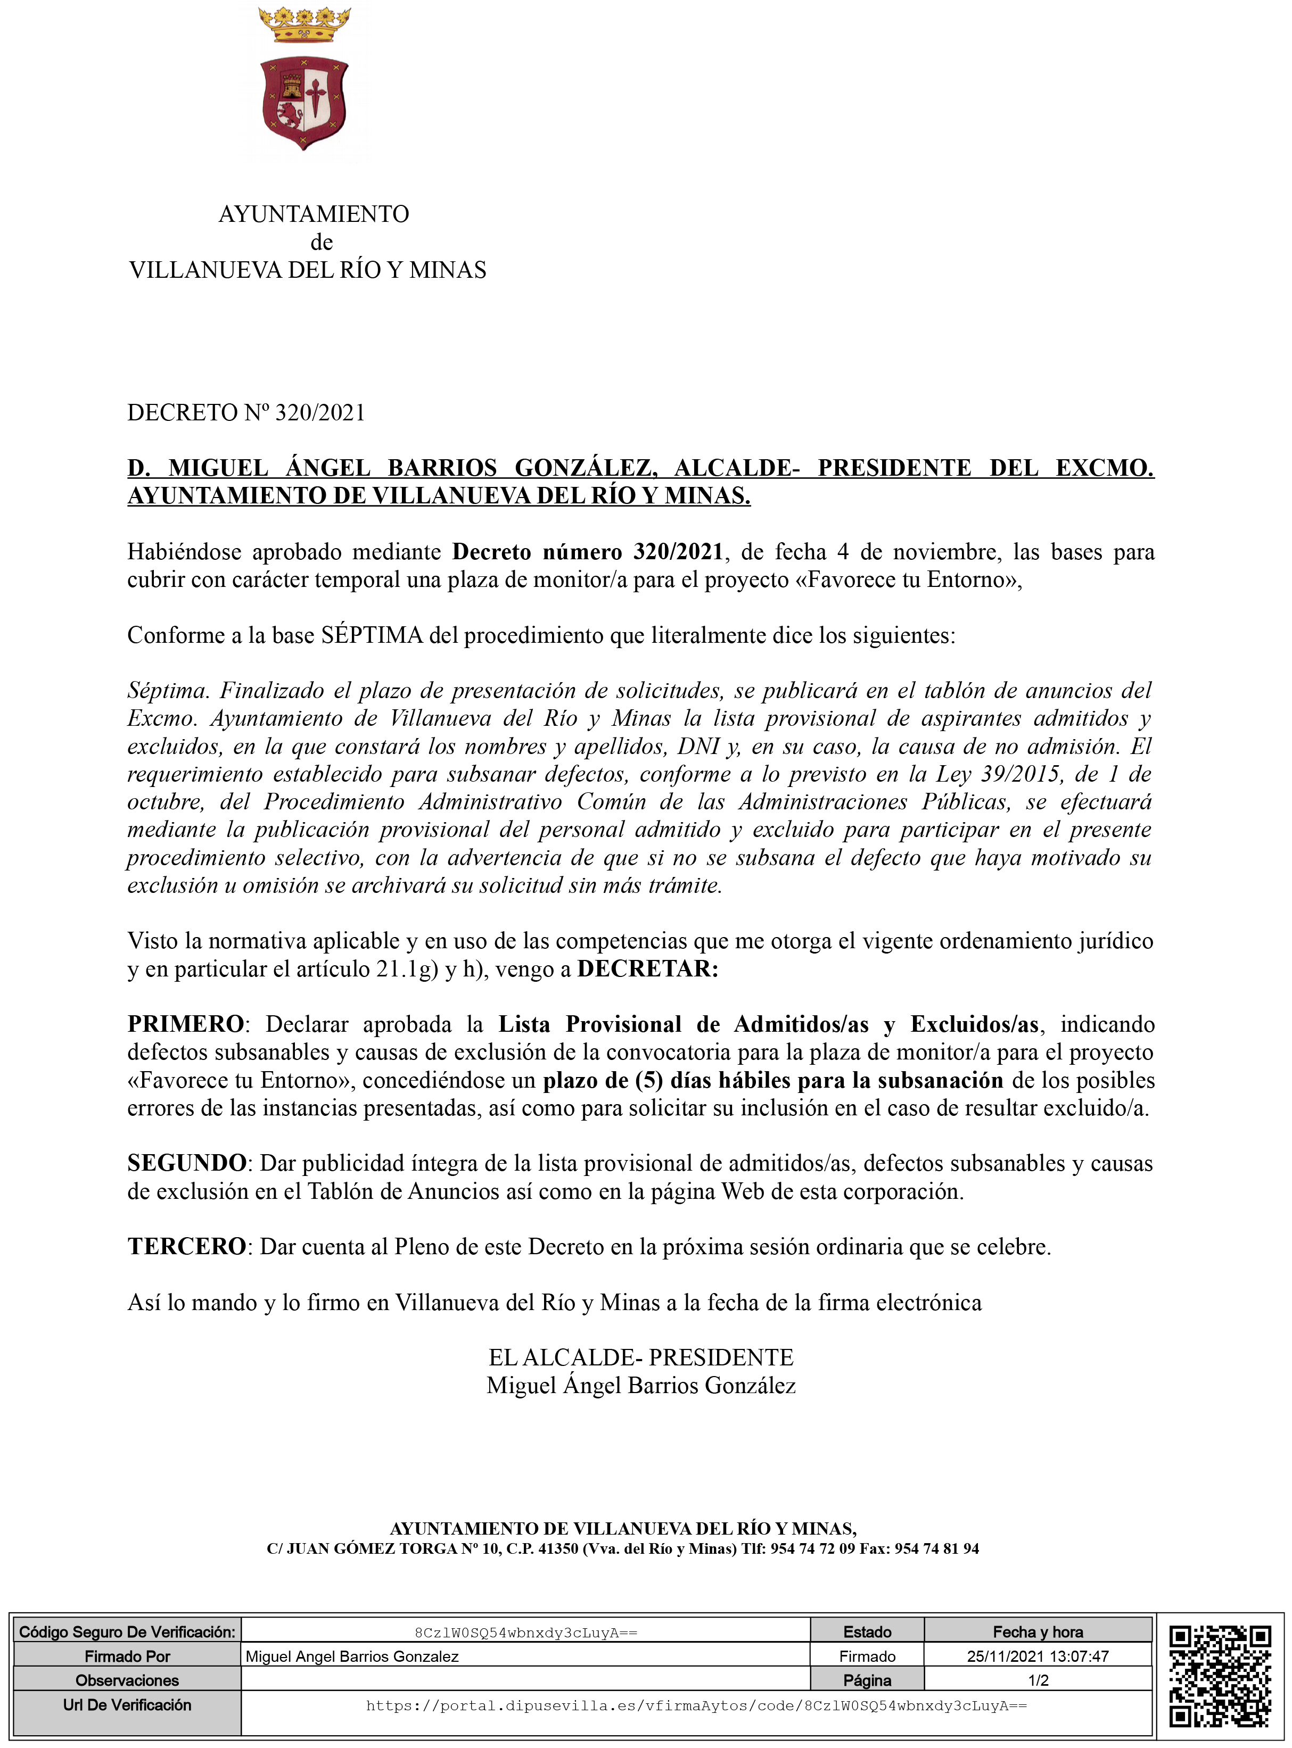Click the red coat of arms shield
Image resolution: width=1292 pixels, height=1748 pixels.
(304, 102)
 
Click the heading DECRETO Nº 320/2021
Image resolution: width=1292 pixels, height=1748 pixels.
(246, 413)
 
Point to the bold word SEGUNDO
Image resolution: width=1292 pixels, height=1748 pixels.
(187, 1163)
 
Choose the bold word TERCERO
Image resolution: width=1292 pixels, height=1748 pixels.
(187, 1246)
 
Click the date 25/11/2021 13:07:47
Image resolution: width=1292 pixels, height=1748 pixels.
(1038, 1656)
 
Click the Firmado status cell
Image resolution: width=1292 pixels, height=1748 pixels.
(867, 1656)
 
